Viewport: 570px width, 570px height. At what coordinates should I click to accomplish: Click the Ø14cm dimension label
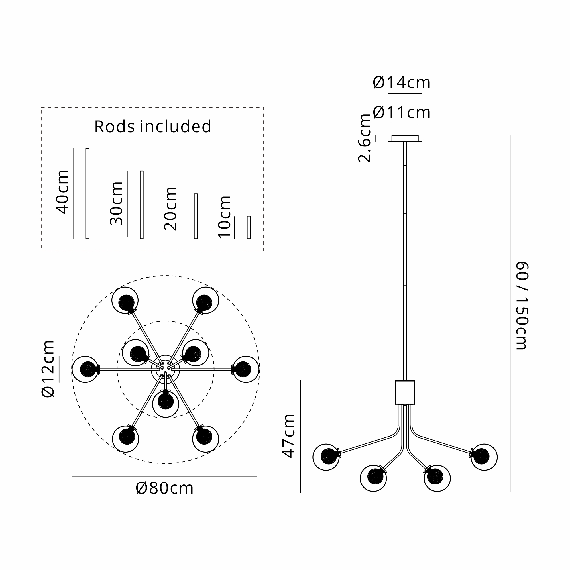pyautogui.click(x=402, y=83)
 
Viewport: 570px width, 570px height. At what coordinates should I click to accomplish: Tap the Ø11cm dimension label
pyautogui.click(x=402, y=113)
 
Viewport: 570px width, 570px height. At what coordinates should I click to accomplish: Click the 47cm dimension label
pyautogui.click(x=289, y=436)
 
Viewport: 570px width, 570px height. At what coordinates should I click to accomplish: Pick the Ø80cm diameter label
pyautogui.click(x=165, y=488)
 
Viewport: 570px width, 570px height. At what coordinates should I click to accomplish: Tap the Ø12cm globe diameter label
pyautogui.click(x=48, y=369)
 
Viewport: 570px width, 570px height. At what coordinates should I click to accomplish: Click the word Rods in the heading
pyautogui.click(x=115, y=127)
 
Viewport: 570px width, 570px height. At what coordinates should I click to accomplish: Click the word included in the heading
pyautogui.click(x=176, y=127)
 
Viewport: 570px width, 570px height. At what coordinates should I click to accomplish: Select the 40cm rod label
pyautogui.click(x=62, y=192)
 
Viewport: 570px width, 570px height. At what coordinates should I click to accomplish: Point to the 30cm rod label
pyautogui.click(x=116, y=203)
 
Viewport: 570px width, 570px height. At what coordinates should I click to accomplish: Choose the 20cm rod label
pyautogui.click(x=170, y=209)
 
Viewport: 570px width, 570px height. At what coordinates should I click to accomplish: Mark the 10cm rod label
pyautogui.click(x=225, y=217)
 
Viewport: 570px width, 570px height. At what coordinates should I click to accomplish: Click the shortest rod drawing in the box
pyautogui.click(x=249, y=227)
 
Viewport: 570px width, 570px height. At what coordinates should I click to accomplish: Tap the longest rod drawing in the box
pyautogui.click(x=87, y=193)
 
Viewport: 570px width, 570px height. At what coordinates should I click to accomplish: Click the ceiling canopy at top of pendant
pyautogui.click(x=405, y=139)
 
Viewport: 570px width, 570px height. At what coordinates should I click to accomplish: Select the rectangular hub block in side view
pyautogui.click(x=405, y=392)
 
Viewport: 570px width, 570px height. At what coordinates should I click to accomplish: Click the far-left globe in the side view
pyautogui.click(x=326, y=457)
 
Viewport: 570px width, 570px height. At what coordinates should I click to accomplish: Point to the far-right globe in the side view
pyautogui.click(x=484, y=457)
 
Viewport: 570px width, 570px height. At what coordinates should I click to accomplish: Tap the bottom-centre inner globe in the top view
pyautogui.click(x=166, y=403)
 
